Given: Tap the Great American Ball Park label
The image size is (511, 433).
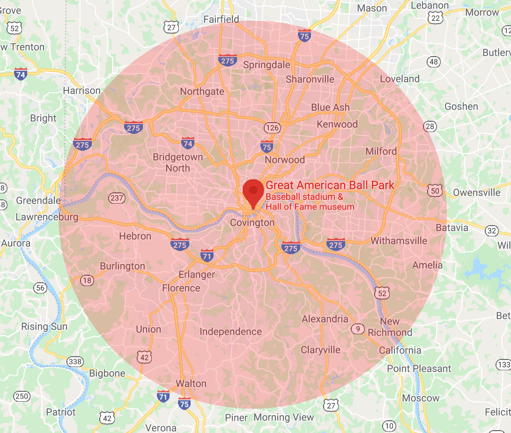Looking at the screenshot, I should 330,185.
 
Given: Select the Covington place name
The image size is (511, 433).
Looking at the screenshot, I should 252,222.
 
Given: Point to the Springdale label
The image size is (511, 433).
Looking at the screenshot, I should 267,65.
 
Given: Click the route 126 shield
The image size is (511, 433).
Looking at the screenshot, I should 272,127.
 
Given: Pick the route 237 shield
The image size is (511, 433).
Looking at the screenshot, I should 117,198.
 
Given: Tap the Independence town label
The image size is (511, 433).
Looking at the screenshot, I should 230,332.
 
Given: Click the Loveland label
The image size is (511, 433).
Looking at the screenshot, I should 400,79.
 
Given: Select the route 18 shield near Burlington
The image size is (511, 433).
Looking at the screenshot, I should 87,280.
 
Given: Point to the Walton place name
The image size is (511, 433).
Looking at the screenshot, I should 191,383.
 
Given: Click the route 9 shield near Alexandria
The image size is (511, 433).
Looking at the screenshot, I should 357,329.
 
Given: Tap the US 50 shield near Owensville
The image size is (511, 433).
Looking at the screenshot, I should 435,190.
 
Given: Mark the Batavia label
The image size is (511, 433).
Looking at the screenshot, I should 452,228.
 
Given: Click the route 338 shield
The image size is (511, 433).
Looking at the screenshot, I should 75,361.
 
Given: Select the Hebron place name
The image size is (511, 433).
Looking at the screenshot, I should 135,236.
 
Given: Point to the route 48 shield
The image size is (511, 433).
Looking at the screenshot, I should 434,62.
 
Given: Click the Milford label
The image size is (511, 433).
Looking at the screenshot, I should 381,151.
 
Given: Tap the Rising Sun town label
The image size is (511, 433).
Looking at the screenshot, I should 44,327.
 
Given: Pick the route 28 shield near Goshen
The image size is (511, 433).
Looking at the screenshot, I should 430,126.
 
